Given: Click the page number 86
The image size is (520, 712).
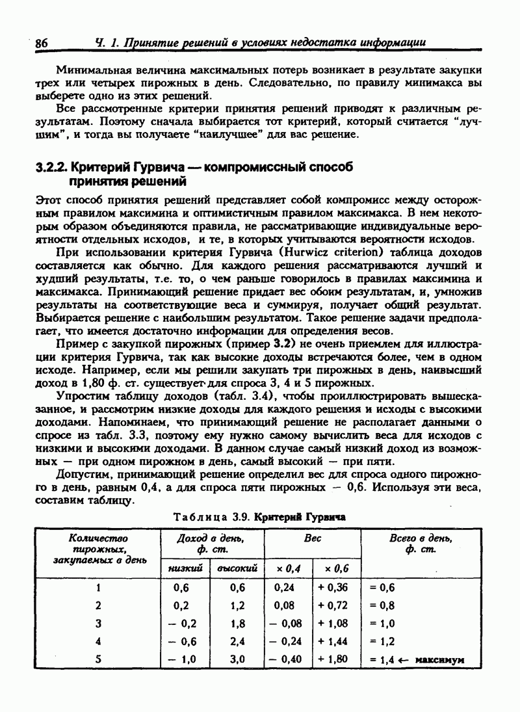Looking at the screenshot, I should [x=42, y=44].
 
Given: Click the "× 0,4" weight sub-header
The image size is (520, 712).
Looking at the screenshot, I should [x=288, y=568].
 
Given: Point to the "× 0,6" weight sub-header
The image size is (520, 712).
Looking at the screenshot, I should [x=337, y=568].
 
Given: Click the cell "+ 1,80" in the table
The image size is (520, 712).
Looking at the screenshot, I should [x=333, y=658].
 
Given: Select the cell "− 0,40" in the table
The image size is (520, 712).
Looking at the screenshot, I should [x=286, y=658].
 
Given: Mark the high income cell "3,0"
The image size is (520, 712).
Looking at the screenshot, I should [x=237, y=658].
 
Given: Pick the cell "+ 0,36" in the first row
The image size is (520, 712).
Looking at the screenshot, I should [x=333, y=587].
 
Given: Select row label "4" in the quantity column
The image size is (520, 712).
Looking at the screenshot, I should [x=98, y=640].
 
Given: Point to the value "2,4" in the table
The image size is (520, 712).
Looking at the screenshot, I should [x=237, y=640].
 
